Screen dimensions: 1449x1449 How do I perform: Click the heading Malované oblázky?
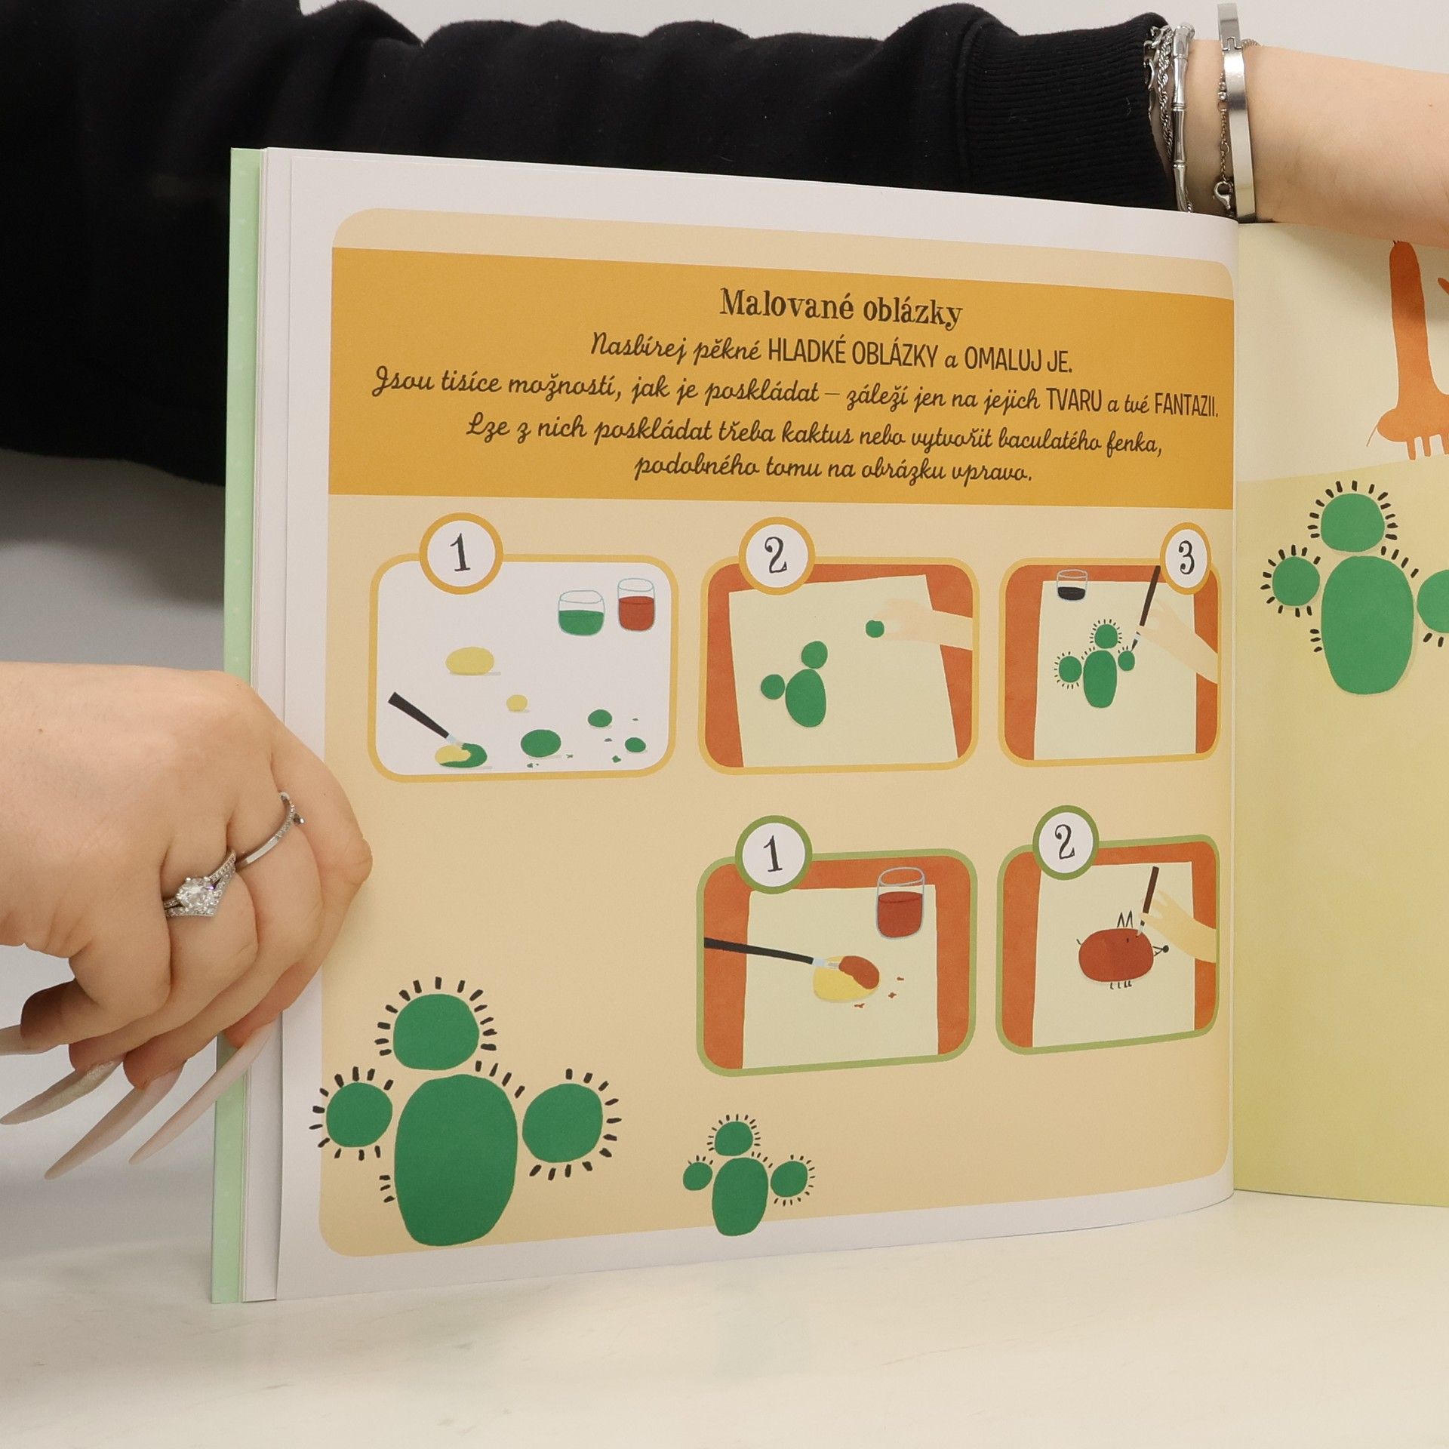coord(840,308)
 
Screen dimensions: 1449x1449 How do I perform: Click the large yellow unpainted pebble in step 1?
coord(471,660)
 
